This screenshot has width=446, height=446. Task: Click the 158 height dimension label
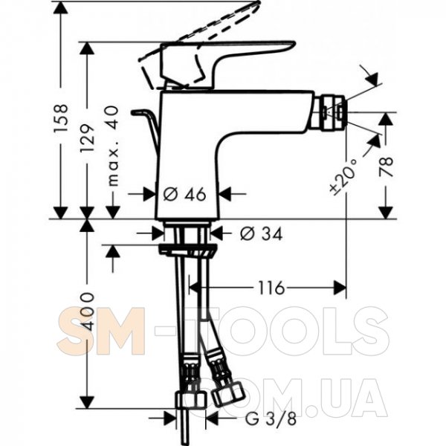coord(61,118)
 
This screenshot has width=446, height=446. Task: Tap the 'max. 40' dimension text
coord(113,146)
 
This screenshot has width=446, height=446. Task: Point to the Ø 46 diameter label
coord(184,194)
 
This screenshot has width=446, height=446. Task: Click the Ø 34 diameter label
coord(261,234)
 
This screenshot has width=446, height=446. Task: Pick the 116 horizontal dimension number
coord(271,288)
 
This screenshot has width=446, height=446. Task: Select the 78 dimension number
coord(386,167)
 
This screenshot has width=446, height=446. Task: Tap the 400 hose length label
coord(87,311)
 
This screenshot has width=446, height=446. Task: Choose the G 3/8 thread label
coord(271,418)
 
